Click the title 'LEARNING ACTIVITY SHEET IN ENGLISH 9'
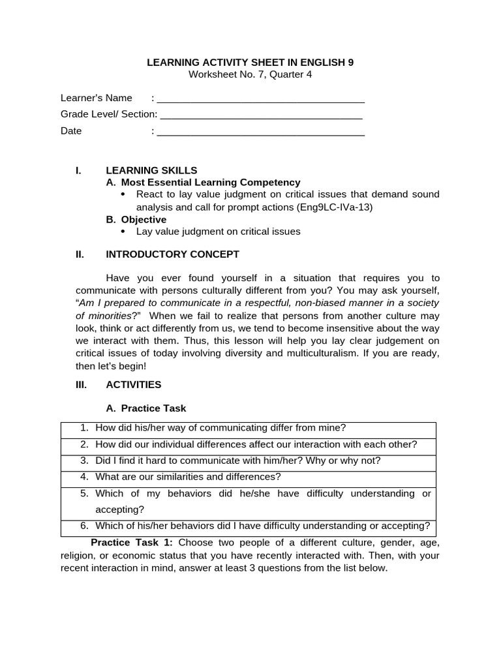[250, 63]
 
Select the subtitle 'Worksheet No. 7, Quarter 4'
[250, 74]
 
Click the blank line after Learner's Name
[261, 99]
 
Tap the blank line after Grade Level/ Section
[261, 115]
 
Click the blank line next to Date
[261, 132]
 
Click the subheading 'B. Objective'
[136, 219]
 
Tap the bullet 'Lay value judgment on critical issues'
[218, 231]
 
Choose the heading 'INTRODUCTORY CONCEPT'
[172, 254]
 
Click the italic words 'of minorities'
[104, 315]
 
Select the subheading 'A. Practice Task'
[146, 408]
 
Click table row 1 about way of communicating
[220, 428]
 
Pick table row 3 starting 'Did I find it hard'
[237, 461]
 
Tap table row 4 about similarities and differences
[188, 477]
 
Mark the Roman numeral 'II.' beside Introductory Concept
[80, 254]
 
